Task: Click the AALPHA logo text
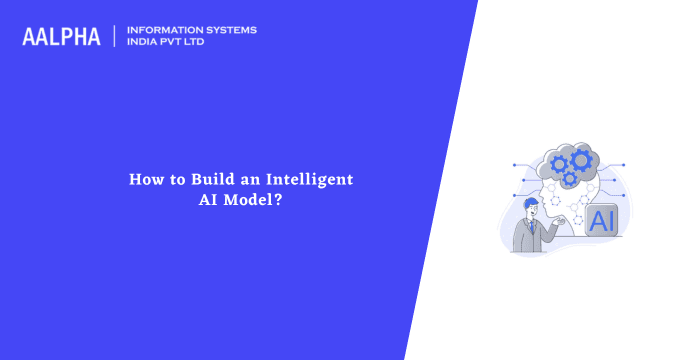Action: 61,37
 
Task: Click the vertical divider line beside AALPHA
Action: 114,36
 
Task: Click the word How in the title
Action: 143,179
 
